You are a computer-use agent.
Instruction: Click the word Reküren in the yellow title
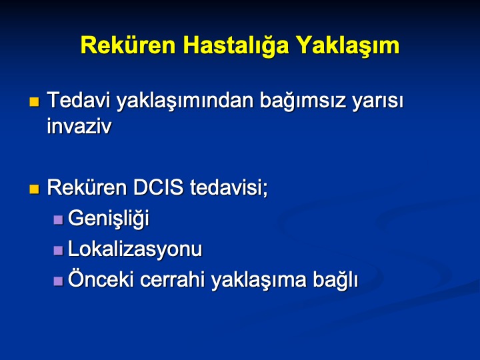click(x=128, y=45)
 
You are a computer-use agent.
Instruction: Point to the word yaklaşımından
click(x=185, y=102)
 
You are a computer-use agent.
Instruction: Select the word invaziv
click(x=79, y=126)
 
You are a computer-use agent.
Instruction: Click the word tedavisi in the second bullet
click(x=229, y=187)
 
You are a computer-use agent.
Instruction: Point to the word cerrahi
click(x=172, y=279)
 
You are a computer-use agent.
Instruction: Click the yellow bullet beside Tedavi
click(x=34, y=101)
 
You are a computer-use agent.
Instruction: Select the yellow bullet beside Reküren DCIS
click(x=34, y=189)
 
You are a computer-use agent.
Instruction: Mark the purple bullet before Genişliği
click(x=58, y=220)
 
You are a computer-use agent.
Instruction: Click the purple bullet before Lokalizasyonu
click(x=58, y=251)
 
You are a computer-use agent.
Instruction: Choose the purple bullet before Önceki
click(x=58, y=281)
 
